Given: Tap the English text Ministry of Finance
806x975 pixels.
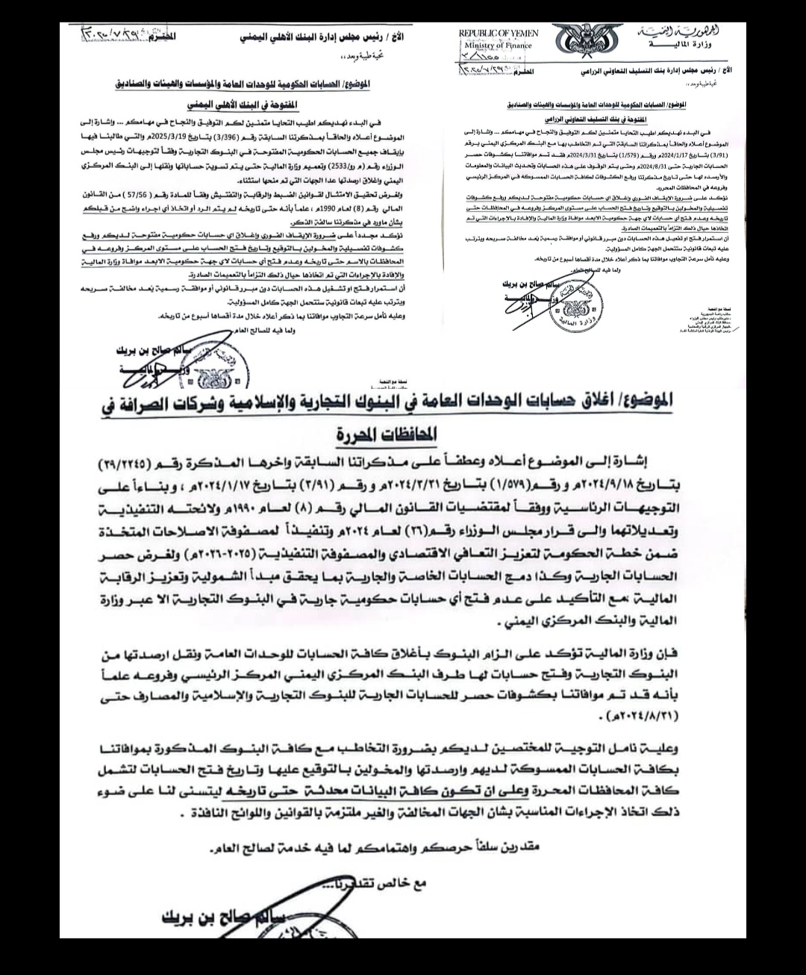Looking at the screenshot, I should coord(495,46).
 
